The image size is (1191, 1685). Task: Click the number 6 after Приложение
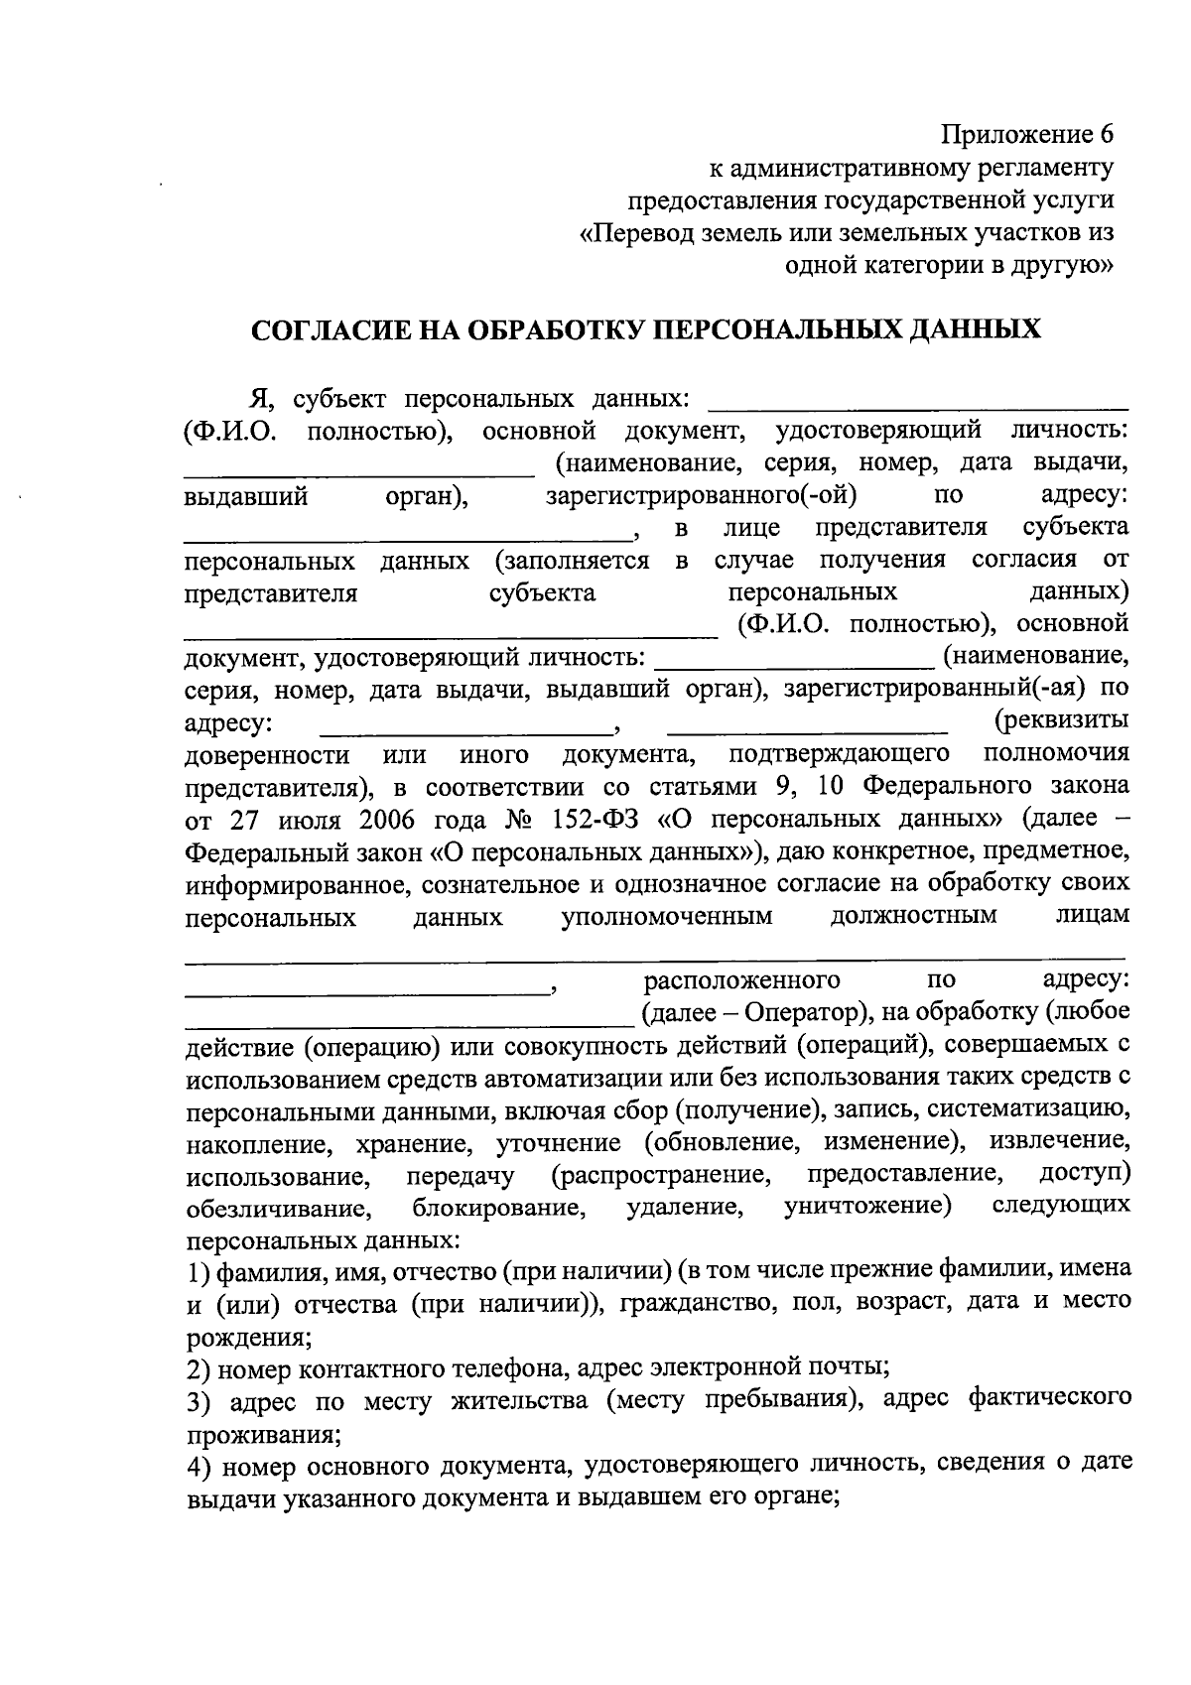(x=1107, y=134)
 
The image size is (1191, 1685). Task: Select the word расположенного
(x=741, y=980)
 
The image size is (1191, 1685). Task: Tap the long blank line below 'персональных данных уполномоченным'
(x=655, y=957)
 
